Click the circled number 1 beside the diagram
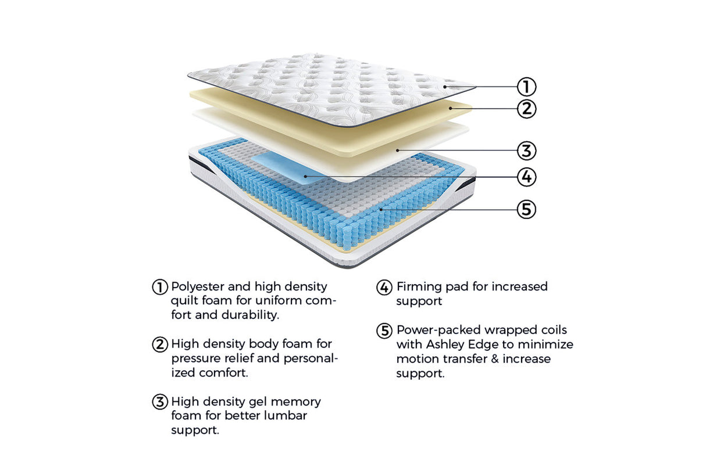(x=526, y=87)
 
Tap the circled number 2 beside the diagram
(x=526, y=109)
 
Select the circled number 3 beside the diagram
(x=526, y=150)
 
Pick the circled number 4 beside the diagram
(x=526, y=177)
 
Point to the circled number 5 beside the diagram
(x=526, y=209)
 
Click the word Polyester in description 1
(x=199, y=287)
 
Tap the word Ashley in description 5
(x=445, y=345)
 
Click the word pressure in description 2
(x=195, y=358)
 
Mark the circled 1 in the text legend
(x=160, y=287)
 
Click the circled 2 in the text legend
(x=160, y=345)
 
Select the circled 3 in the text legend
(x=160, y=401)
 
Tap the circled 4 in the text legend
(x=384, y=287)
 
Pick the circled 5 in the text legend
(x=384, y=331)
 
